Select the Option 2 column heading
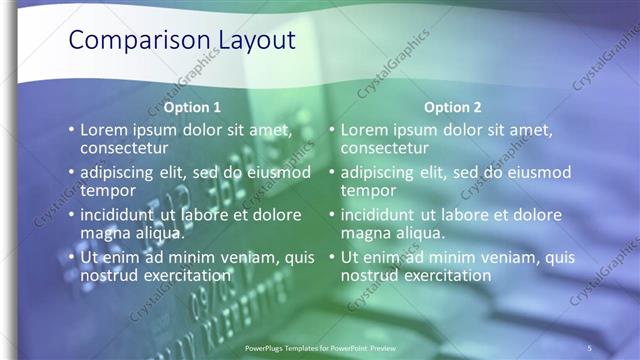[x=452, y=107]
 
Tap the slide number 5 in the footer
[x=590, y=347]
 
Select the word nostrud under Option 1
[x=111, y=275]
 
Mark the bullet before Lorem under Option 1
[x=70, y=130]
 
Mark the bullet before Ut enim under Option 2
[x=331, y=258]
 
